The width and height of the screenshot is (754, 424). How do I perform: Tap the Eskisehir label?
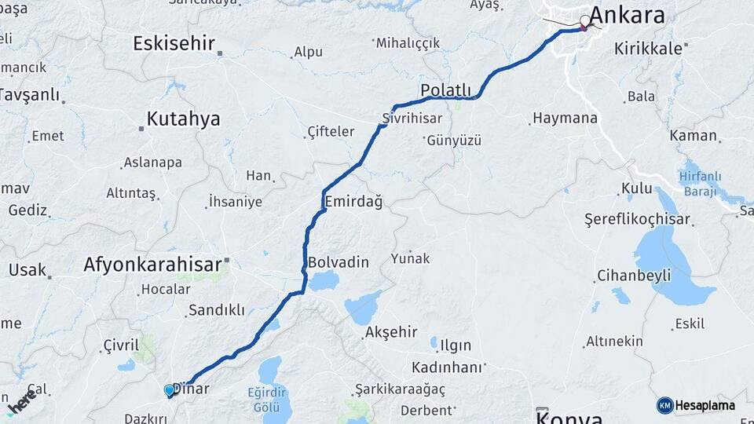click(174, 43)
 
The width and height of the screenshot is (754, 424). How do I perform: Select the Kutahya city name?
click(183, 119)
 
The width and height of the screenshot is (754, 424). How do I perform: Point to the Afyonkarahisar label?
click(152, 265)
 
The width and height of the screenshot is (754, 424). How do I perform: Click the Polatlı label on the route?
click(445, 90)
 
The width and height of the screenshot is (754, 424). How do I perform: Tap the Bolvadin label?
click(339, 262)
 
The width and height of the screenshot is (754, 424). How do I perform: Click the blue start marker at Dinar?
click(169, 390)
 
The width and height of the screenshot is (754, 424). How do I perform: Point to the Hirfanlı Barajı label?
click(701, 185)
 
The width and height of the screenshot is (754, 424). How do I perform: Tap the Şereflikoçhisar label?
click(637, 220)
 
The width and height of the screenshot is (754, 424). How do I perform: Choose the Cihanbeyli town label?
click(634, 276)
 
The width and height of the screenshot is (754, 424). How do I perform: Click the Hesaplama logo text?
click(704, 405)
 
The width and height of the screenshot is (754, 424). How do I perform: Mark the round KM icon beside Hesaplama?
click(664, 405)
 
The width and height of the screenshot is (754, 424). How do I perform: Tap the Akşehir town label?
click(390, 333)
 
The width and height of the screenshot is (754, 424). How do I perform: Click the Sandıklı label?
click(216, 310)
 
